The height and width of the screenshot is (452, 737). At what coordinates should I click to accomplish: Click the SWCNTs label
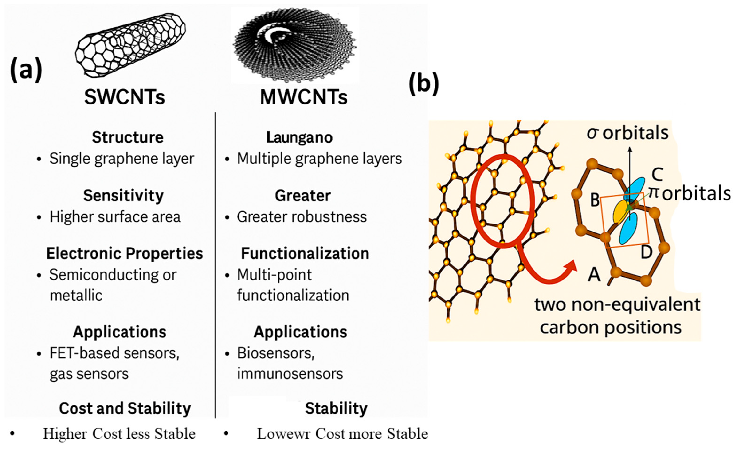[124, 97]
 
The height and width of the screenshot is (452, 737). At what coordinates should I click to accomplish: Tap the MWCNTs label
[304, 97]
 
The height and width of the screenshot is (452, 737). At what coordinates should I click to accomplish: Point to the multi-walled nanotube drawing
[295, 45]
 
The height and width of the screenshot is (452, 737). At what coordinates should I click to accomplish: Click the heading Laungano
[299, 137]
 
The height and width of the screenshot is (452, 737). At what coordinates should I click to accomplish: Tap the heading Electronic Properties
[124, 253]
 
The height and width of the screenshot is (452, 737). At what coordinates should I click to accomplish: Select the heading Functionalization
[305, 253]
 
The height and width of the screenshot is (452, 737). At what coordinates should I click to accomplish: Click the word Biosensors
[275, 353]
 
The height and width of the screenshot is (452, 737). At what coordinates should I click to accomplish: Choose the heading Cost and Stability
[125, 408]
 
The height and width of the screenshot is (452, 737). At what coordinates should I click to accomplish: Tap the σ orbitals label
[627, 133]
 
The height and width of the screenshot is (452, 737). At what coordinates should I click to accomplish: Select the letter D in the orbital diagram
[646, 252]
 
